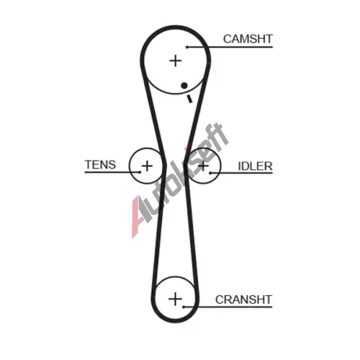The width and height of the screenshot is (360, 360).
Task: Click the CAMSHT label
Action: click(248, 39)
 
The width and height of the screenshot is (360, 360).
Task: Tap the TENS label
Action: click(100, 165)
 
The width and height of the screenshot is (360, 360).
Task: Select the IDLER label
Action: click(255, 166)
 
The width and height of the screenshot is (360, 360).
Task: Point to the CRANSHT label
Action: click(243, 300)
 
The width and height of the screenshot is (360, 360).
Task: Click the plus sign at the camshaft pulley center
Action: click(176, 60)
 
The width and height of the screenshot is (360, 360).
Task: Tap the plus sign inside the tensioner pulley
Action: click(147, 166)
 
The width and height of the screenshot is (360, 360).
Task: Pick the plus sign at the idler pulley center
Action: click(203, 166)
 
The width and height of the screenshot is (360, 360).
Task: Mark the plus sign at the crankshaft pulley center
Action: click(175, 299)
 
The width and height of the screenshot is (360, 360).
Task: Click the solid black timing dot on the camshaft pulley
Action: click(184, 85)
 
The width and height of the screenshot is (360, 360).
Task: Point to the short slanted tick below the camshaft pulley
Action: click(189, 99)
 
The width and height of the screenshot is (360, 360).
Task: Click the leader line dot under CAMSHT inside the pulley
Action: click(187, 47)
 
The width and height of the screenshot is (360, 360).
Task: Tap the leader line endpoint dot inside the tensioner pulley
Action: click(140, 172)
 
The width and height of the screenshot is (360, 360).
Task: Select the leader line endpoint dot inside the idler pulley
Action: click(210, 173)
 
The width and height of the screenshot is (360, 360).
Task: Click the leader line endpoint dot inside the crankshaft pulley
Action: click(184, 307)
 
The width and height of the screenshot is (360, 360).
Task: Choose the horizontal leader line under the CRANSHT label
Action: click(228, 307)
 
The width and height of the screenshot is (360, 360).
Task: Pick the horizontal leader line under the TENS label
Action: click(112, 172)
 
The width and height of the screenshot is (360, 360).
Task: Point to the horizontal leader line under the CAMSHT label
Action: click(230, 47)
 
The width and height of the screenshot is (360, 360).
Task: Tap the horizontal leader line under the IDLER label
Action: click(241, 173)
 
